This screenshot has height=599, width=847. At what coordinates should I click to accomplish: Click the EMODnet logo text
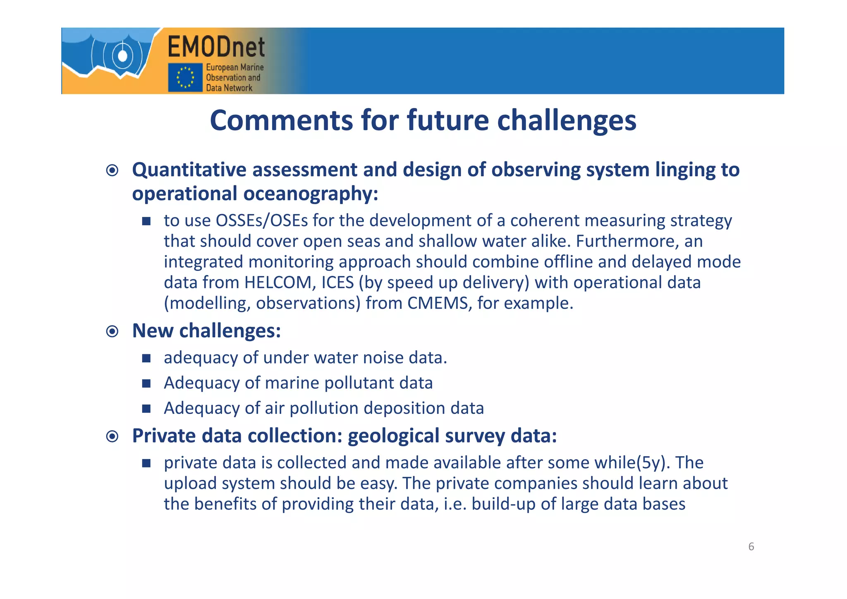[x=216, y=47]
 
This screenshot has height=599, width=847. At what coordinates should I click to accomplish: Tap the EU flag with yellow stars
[x=185, y=77]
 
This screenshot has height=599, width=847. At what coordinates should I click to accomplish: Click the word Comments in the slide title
[x=282, y=120]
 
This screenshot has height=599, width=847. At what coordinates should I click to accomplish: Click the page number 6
[x=751, y=546]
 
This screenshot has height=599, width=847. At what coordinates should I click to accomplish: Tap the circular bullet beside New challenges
[x=112, y=331]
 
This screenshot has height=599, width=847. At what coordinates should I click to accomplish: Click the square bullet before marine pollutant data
[x=146, y=383]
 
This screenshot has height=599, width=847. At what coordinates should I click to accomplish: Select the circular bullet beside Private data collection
[x=112, y=436]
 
